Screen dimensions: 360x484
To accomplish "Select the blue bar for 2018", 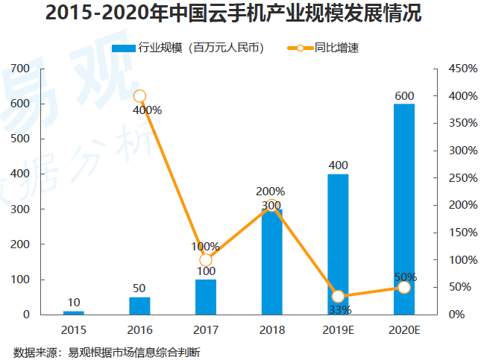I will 271,262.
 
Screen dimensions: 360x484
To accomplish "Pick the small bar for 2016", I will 139,306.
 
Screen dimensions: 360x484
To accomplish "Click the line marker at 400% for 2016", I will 139,95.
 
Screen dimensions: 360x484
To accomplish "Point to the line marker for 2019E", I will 338,297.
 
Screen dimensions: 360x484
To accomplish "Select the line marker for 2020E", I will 404,287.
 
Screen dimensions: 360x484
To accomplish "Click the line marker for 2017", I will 206,260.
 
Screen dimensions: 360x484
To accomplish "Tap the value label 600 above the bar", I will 404,96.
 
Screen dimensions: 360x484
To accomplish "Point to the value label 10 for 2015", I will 73,302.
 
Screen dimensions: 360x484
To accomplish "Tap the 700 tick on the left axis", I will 21,69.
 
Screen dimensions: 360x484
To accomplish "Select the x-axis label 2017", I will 206,329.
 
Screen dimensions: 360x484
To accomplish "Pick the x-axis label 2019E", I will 338,329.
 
